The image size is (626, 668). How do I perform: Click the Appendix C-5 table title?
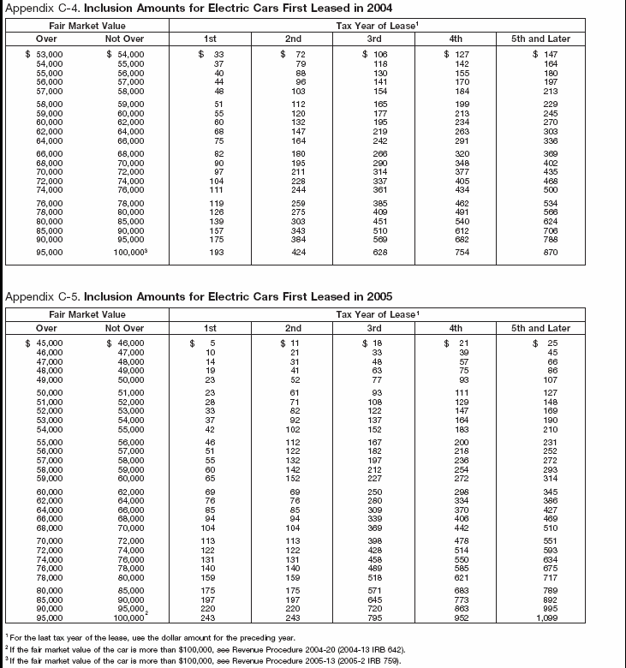[199, 296]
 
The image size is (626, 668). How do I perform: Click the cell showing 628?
[374, 253]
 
